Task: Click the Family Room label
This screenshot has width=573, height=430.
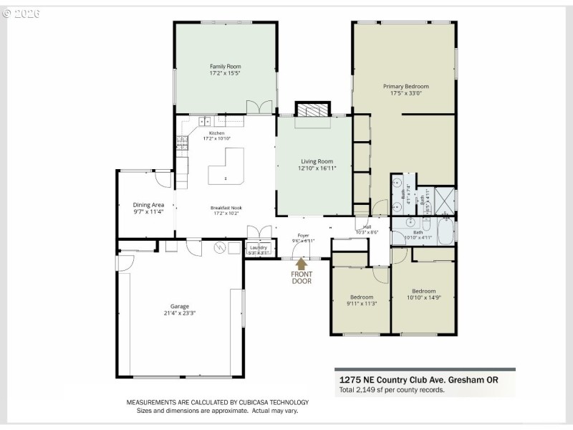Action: coord(224,66)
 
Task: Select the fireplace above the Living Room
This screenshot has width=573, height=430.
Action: coord(312,110)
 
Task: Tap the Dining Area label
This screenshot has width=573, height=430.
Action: coord(148,205)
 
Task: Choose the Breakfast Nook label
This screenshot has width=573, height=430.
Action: coord(226,207)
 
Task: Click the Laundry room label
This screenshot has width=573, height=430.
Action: coord(258,247)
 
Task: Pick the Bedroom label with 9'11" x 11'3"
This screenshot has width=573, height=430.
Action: coord(362,297)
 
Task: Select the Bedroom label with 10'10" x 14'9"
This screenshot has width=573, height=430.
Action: coord(423,291)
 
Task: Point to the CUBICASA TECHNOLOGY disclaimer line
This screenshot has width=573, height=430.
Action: coord(218,402)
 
